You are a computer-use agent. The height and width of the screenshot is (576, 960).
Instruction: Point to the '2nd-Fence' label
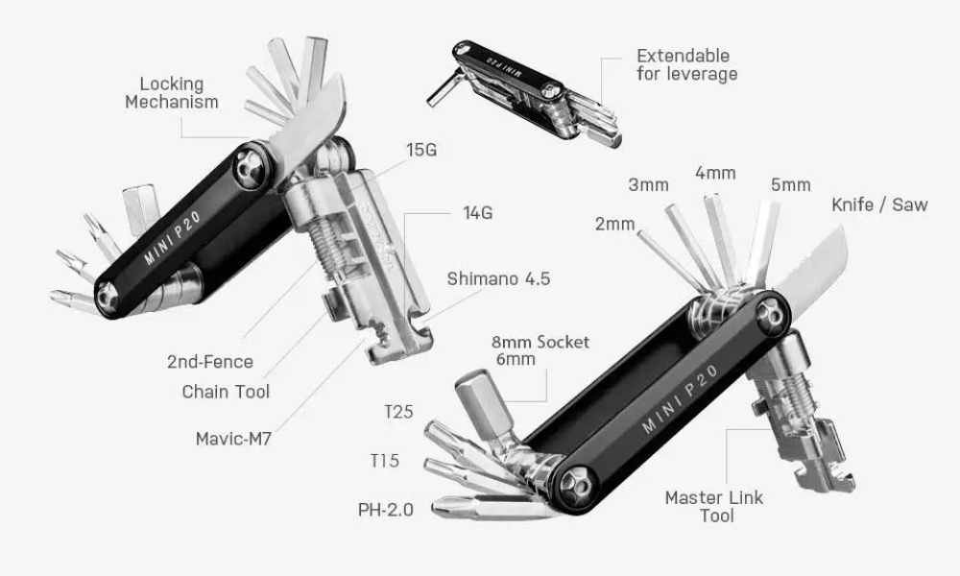(x=210, y=362)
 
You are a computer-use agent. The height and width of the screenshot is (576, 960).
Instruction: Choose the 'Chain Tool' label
(x=226, y=391)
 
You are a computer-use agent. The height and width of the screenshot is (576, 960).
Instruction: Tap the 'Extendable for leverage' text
(x=686, y=64)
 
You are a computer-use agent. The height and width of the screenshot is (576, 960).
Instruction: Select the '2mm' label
(x=614, y=225)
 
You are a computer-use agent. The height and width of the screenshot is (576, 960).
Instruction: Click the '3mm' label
(x=648, y=185)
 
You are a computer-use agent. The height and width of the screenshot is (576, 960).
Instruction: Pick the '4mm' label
(x=715, y=173)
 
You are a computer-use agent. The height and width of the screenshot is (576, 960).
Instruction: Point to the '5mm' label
(x=790, y=185)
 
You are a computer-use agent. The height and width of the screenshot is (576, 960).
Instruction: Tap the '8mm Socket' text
(x=540, y=342)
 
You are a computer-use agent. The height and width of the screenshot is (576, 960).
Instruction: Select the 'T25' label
(x=398, y=413)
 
